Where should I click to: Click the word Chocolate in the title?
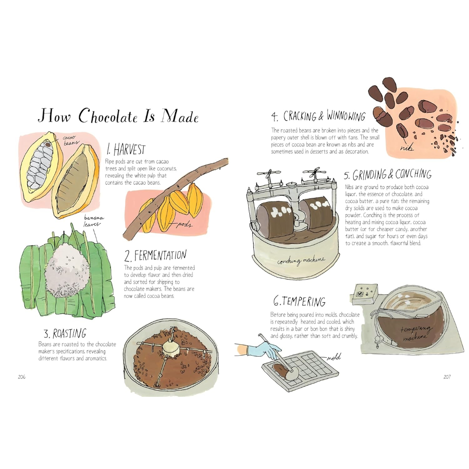pyautogui.click(x=108, y=116)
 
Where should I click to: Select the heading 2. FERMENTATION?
pyautogui.click(x=155, y=255)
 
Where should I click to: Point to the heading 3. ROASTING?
pyautogui.click(x=65, y=333)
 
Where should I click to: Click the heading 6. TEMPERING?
pyautogui.click(x=299, y=301)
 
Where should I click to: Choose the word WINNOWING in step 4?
pyautogui.click(x=346, y=116)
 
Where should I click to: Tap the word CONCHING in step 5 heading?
pyautogui.click(x=413, y=174)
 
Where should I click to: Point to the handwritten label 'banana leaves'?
pyautogui.click(x=94, y=221)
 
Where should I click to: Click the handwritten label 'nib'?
pyautogui.click(x=406, y=147)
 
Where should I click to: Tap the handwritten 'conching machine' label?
pyautogui.click(x=301, y=261)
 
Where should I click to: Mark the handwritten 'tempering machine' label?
pyautogui.click(x=416, y=333)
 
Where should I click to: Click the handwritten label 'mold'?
pyautogui.click(x=334, y=357)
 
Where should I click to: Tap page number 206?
pyautogui.click(x=22, y=377)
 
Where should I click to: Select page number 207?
pyautogui.click(x=447, y=377)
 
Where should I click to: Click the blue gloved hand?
pyautogui.click(x=263, y=350)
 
